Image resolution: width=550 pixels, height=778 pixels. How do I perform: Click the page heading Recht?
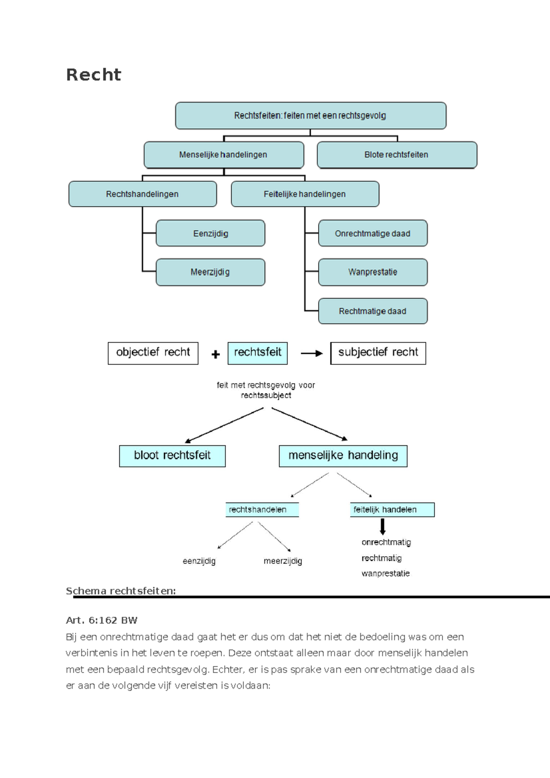[93, 75]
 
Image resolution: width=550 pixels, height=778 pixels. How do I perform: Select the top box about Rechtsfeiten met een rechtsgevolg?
[310, 115]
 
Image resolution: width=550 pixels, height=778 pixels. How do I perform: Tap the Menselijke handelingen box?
[224, 155]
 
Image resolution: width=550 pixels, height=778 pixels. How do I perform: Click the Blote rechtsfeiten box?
[396, 155]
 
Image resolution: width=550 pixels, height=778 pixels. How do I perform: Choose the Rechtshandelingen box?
[143, 194]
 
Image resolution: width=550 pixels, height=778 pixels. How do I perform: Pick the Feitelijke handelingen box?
[305, 194]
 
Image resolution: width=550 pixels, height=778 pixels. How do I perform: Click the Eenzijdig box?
[210, 234]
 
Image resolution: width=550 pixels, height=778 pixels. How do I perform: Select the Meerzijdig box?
[210, 272]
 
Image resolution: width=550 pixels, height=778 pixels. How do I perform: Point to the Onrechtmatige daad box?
[373, 234]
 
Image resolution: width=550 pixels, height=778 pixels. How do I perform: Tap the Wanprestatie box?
[373, 272]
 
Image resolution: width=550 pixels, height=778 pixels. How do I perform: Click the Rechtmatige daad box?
[373, 312]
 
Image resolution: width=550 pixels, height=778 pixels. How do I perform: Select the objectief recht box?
[153, 353]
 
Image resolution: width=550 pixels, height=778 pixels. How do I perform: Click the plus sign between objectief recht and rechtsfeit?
[215, 354]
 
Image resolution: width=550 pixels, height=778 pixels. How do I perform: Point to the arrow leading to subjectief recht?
[312, 353]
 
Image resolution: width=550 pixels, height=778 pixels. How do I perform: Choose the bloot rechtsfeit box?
[172, 456]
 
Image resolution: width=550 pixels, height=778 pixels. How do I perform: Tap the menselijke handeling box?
[343, 456]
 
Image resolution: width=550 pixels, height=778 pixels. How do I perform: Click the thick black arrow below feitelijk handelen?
[383, 526]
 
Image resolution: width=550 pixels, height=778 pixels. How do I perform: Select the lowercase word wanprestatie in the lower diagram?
[385, 574]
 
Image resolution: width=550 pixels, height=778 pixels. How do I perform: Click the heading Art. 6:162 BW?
[102, 620]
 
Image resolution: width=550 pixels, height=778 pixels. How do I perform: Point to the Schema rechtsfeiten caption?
[121, 591]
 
